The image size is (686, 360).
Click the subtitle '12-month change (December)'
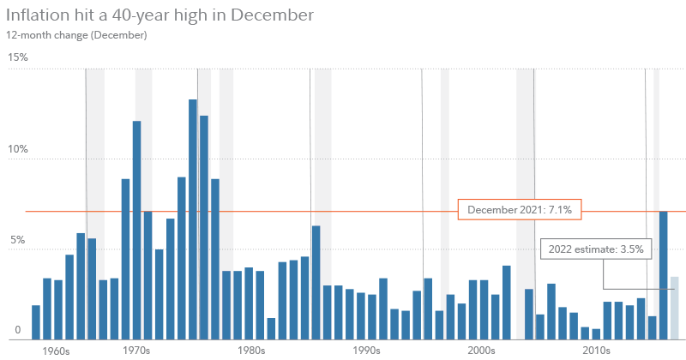pos(76,35)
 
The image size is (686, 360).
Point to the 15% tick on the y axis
pos(18,57)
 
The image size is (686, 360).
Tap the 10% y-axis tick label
pos(18,149)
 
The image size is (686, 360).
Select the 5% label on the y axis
pos(18,242)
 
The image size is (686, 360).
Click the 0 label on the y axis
pos(18,330)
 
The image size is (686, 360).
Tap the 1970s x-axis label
pos(135,351)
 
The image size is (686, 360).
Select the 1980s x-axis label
pos(251,351)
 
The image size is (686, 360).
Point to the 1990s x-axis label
pos(366,351)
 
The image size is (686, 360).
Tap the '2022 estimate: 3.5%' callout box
pos(597,250)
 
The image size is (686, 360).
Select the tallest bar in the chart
pos(193,219)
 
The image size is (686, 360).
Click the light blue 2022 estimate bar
pos(674,308)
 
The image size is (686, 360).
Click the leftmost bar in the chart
pos(36,321)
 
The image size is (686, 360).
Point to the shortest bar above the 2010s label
pos(596,333)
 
